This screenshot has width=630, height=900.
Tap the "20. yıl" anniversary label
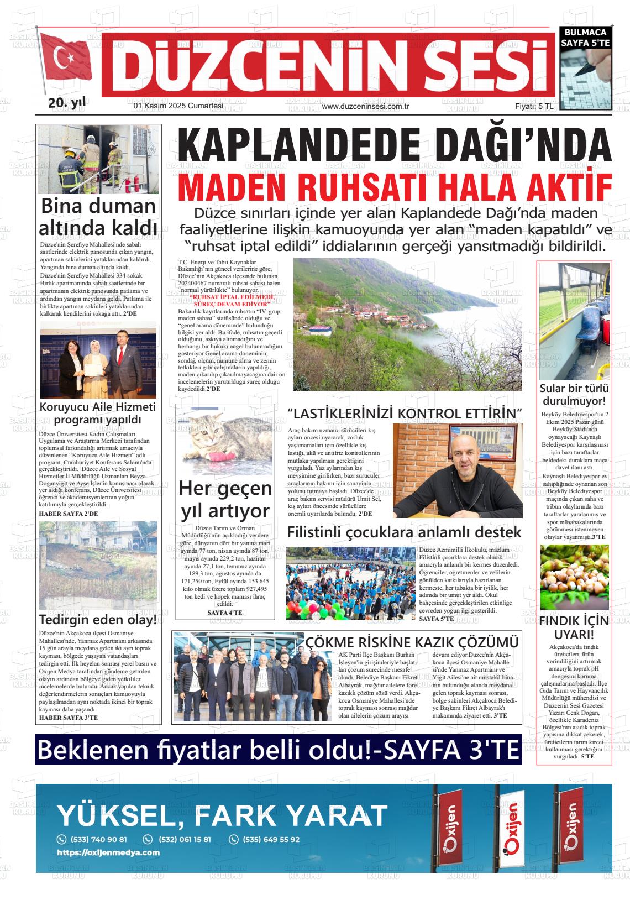coord(67,102)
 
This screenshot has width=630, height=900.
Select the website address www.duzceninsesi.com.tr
coord(365,107)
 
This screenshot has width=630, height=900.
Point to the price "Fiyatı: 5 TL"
coord(534,106)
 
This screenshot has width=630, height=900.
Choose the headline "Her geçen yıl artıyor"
coord(225,500)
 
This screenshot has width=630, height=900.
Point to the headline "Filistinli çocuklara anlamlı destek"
coord(404,532)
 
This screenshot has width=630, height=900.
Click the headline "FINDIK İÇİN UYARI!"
coord(574,627)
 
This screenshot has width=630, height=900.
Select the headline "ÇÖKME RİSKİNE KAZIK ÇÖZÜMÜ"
coord(412,642)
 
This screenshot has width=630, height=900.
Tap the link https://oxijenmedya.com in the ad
coord(108,852)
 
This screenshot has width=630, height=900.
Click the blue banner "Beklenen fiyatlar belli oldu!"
coord(277,750)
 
